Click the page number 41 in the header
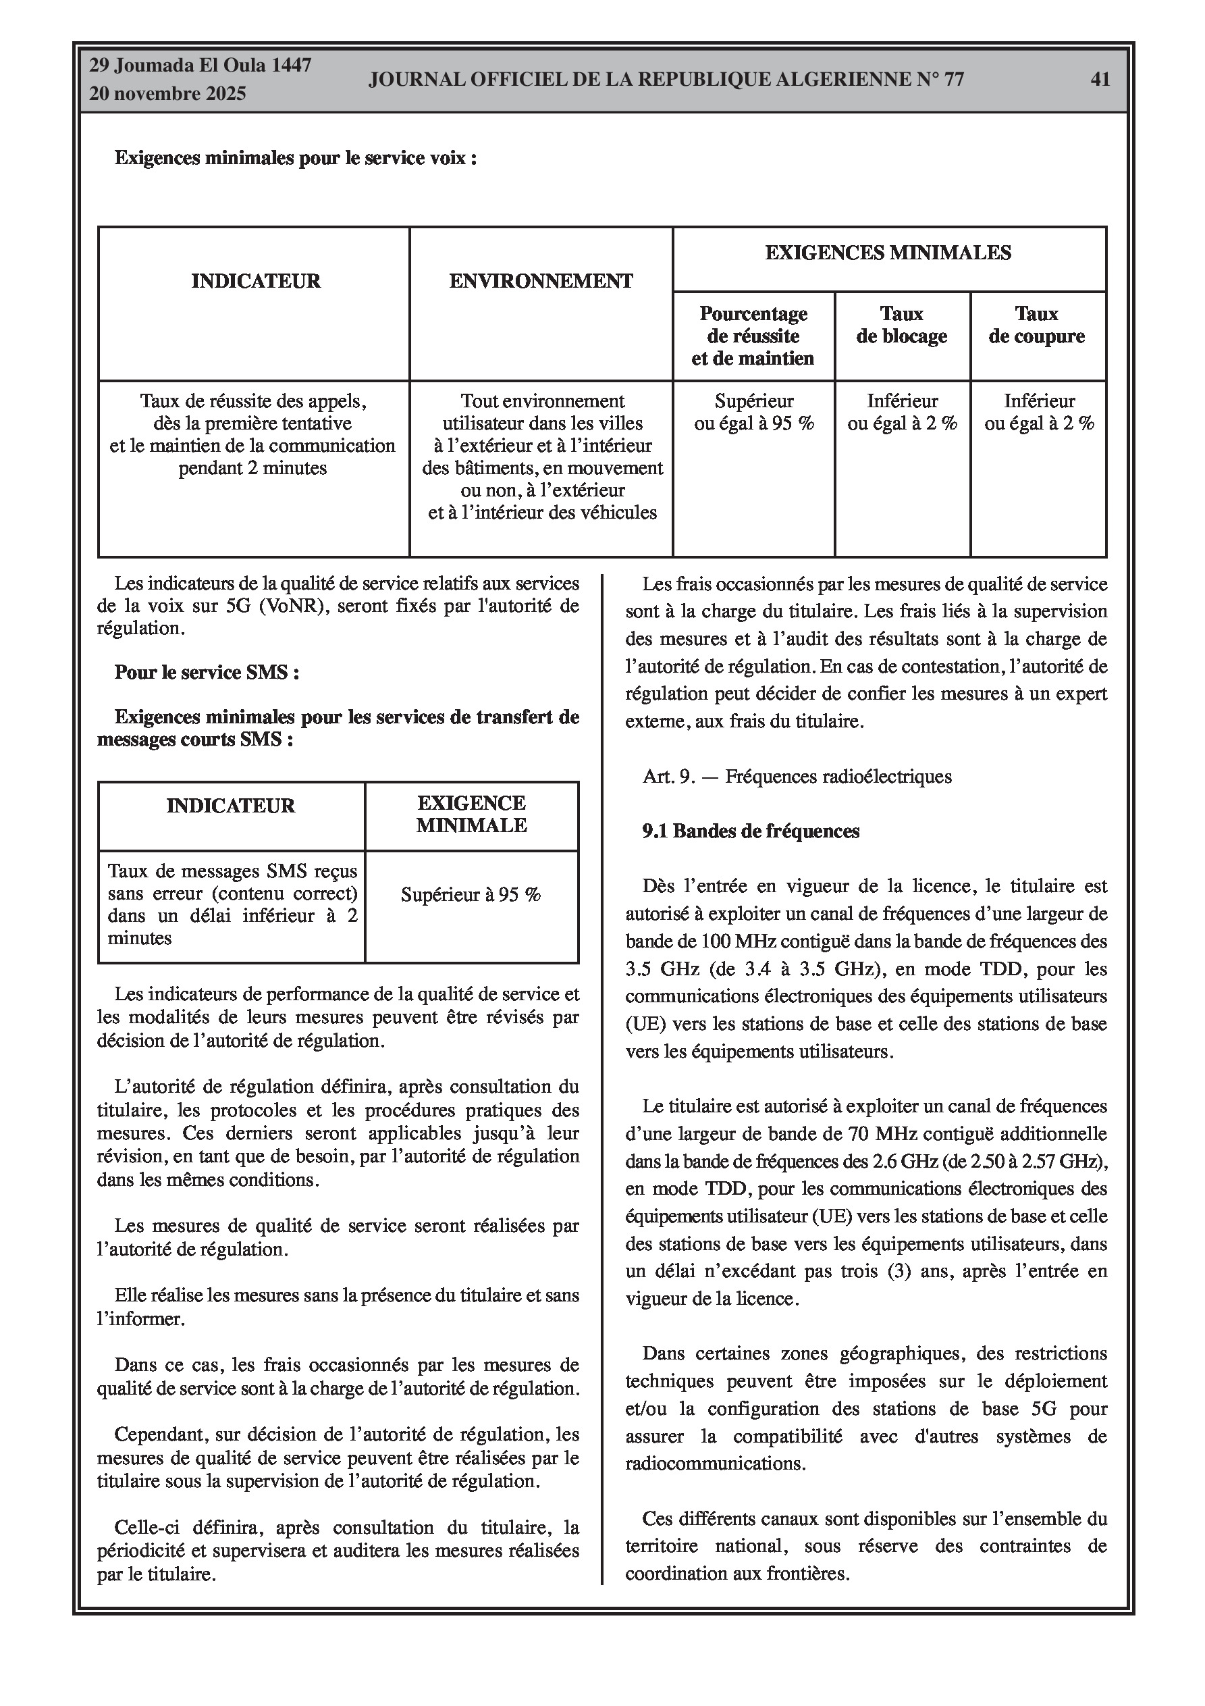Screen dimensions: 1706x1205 click(x=1100, y=79)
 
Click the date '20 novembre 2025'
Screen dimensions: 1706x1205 click(x=167, y=94)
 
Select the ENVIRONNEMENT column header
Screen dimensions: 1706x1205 click(x=541, y=281)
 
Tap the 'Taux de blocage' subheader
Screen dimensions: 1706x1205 click(x=902, y=325)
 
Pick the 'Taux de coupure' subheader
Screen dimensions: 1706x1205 click(x=1036, y=325)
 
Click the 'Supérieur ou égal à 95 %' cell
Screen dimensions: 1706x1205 click(x=754, y=413)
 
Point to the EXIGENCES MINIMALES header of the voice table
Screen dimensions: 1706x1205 click(x=888, y=253)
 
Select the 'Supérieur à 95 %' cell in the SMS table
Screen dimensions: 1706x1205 click(x=471, y=895)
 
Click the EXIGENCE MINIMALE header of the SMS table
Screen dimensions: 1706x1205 click(x=471, y=815)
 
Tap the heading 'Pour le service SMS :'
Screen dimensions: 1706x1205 click(x=207, y=673)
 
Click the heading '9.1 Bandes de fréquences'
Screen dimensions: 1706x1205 click(x=750, y=831)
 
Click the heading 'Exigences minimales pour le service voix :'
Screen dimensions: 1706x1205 click(x=295, y=158)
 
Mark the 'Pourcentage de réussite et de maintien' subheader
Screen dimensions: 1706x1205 click(x=753, y=336)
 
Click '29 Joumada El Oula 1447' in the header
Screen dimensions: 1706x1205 click(x=200, y=66)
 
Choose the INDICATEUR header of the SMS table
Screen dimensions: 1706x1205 click(x=230, y=806)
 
